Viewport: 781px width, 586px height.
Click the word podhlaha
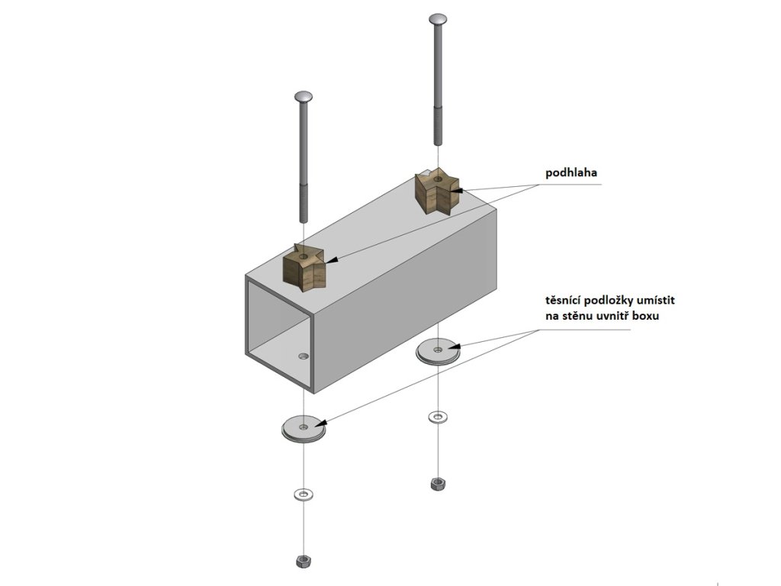(x=571, y=173)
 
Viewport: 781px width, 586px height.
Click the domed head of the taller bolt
(x=438, y=18)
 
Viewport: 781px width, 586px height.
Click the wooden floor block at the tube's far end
(x=435, y=191)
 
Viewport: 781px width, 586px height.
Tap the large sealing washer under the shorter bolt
(x=304, y=427)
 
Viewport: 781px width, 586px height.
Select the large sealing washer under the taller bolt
(x=437, y=351)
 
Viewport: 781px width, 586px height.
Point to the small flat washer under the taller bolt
(x=437, y=417)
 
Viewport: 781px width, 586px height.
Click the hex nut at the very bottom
(x=303, y=561)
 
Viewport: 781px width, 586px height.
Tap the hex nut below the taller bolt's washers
(x=437, y=483)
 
